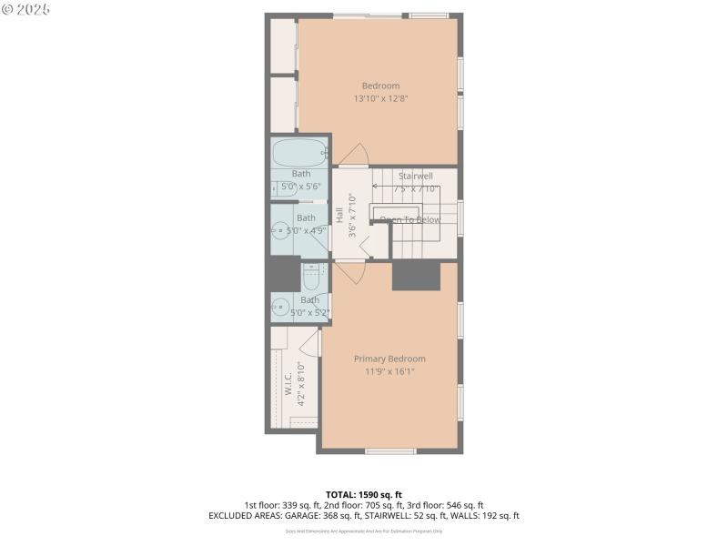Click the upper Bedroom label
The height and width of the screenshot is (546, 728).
pyautogui.click(x=380, y=86)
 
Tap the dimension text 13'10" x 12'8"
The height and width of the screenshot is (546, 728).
pyautogui.click(x=380, y=99)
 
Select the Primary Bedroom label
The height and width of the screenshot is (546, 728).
pyautogui.click(x=389, y=359)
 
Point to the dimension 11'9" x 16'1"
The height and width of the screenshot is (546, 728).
pyautogui.click(x=389, y=371)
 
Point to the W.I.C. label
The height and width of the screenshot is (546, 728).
pyautogui.click(x=288, y=383)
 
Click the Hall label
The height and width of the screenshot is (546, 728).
pyautogui.click(x=339, y=216)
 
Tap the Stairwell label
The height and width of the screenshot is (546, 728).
pyautogui.click(x=415, y=176)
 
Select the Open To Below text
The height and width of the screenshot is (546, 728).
pyautogui.click(x=409, y=219)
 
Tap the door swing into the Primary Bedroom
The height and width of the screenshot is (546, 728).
pyautogui.click(x=349, y=271)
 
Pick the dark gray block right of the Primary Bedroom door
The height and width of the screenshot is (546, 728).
pyautogui.click(x=416, y=276)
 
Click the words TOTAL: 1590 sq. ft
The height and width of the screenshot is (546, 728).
pyautogui.click(x=364, y=494)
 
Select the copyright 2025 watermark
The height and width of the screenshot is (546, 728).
pyautogui.click(x=26, y=9)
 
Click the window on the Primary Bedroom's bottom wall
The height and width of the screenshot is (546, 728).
pyautogui.click(x=390, y=451)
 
